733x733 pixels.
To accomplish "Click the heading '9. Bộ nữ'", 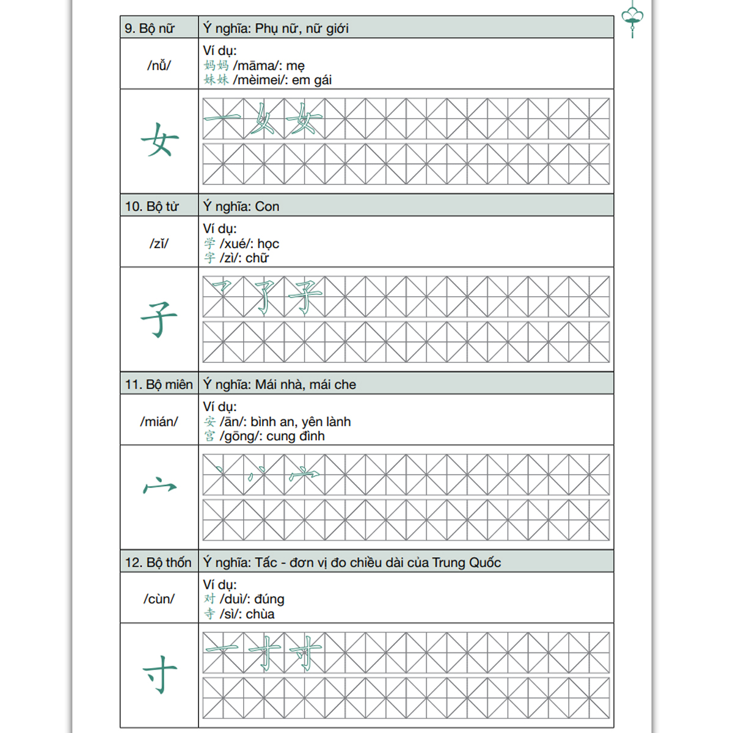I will tap(150, 28).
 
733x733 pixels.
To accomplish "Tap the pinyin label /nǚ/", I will tap(159, 65).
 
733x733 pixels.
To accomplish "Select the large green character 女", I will tap(159, 140).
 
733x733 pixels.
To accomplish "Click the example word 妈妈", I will tap(216, 65).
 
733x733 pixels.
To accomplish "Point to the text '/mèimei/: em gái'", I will tap(282, 80).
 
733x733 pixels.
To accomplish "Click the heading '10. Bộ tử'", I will tap(152, 206).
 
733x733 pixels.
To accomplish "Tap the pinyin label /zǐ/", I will tap(159, 243).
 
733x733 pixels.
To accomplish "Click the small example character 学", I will tap(210, 243).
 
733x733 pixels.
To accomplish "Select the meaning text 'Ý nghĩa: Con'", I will tap(241, 206).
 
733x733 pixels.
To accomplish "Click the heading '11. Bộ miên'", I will tap(159, 384).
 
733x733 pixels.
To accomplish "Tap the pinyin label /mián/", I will tap(159, 421).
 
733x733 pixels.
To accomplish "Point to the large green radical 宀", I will tap(159, 486).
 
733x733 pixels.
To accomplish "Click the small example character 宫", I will tap(210, 436).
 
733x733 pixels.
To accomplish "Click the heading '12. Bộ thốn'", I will tap(158, 563).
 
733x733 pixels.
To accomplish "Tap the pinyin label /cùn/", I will tap(159, 599).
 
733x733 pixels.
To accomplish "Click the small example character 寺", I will tap(210, 614).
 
